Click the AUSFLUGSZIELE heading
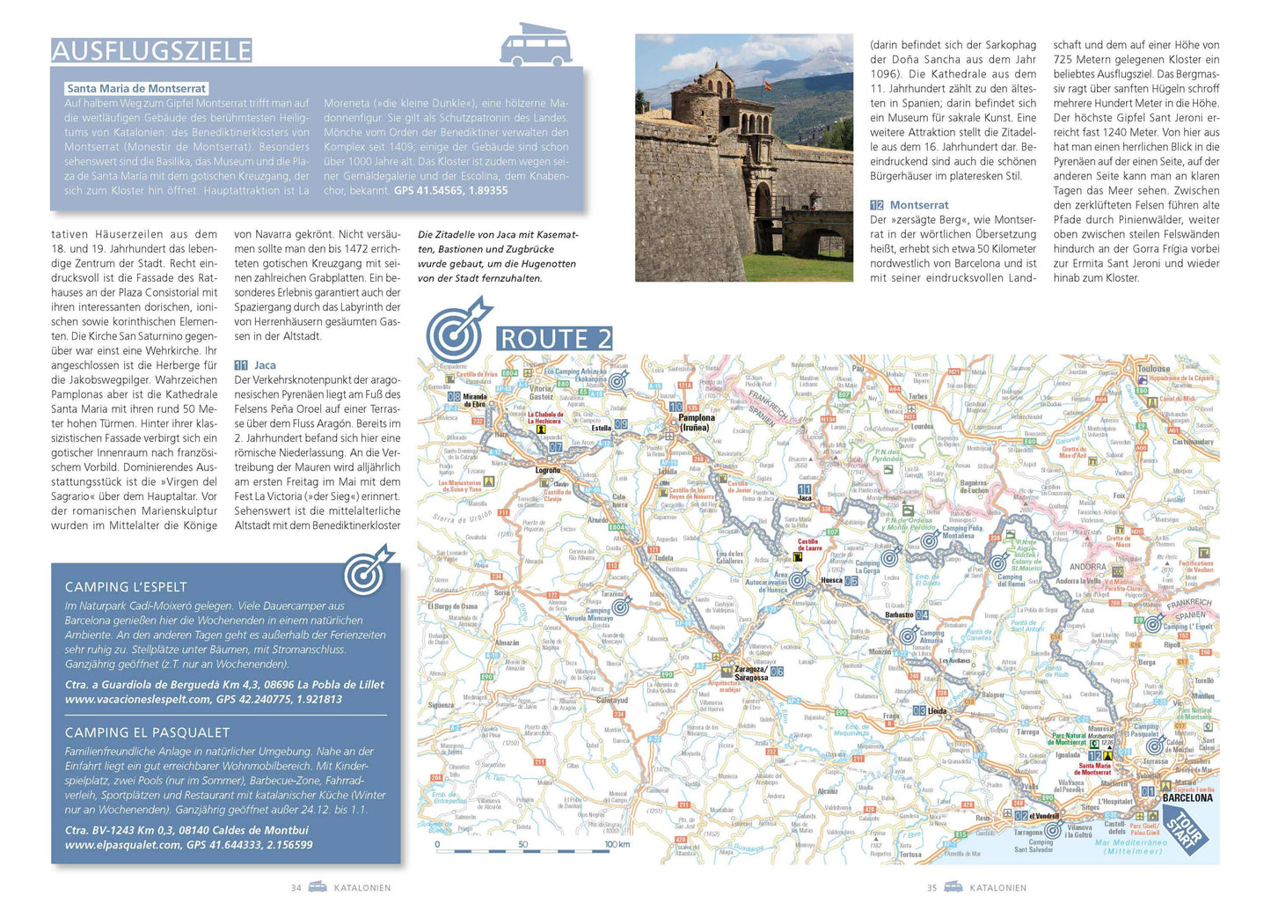151,50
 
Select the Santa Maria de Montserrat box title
136,88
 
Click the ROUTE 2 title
555,339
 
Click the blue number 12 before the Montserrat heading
877,205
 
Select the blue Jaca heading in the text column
265,365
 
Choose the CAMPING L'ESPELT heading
126,587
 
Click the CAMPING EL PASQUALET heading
147,732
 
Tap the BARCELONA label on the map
1187,797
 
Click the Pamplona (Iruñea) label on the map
696,422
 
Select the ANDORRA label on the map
1087,567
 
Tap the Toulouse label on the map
1153,369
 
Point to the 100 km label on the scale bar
617,844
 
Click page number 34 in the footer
296,887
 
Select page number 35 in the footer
931,887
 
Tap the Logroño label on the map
547,470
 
